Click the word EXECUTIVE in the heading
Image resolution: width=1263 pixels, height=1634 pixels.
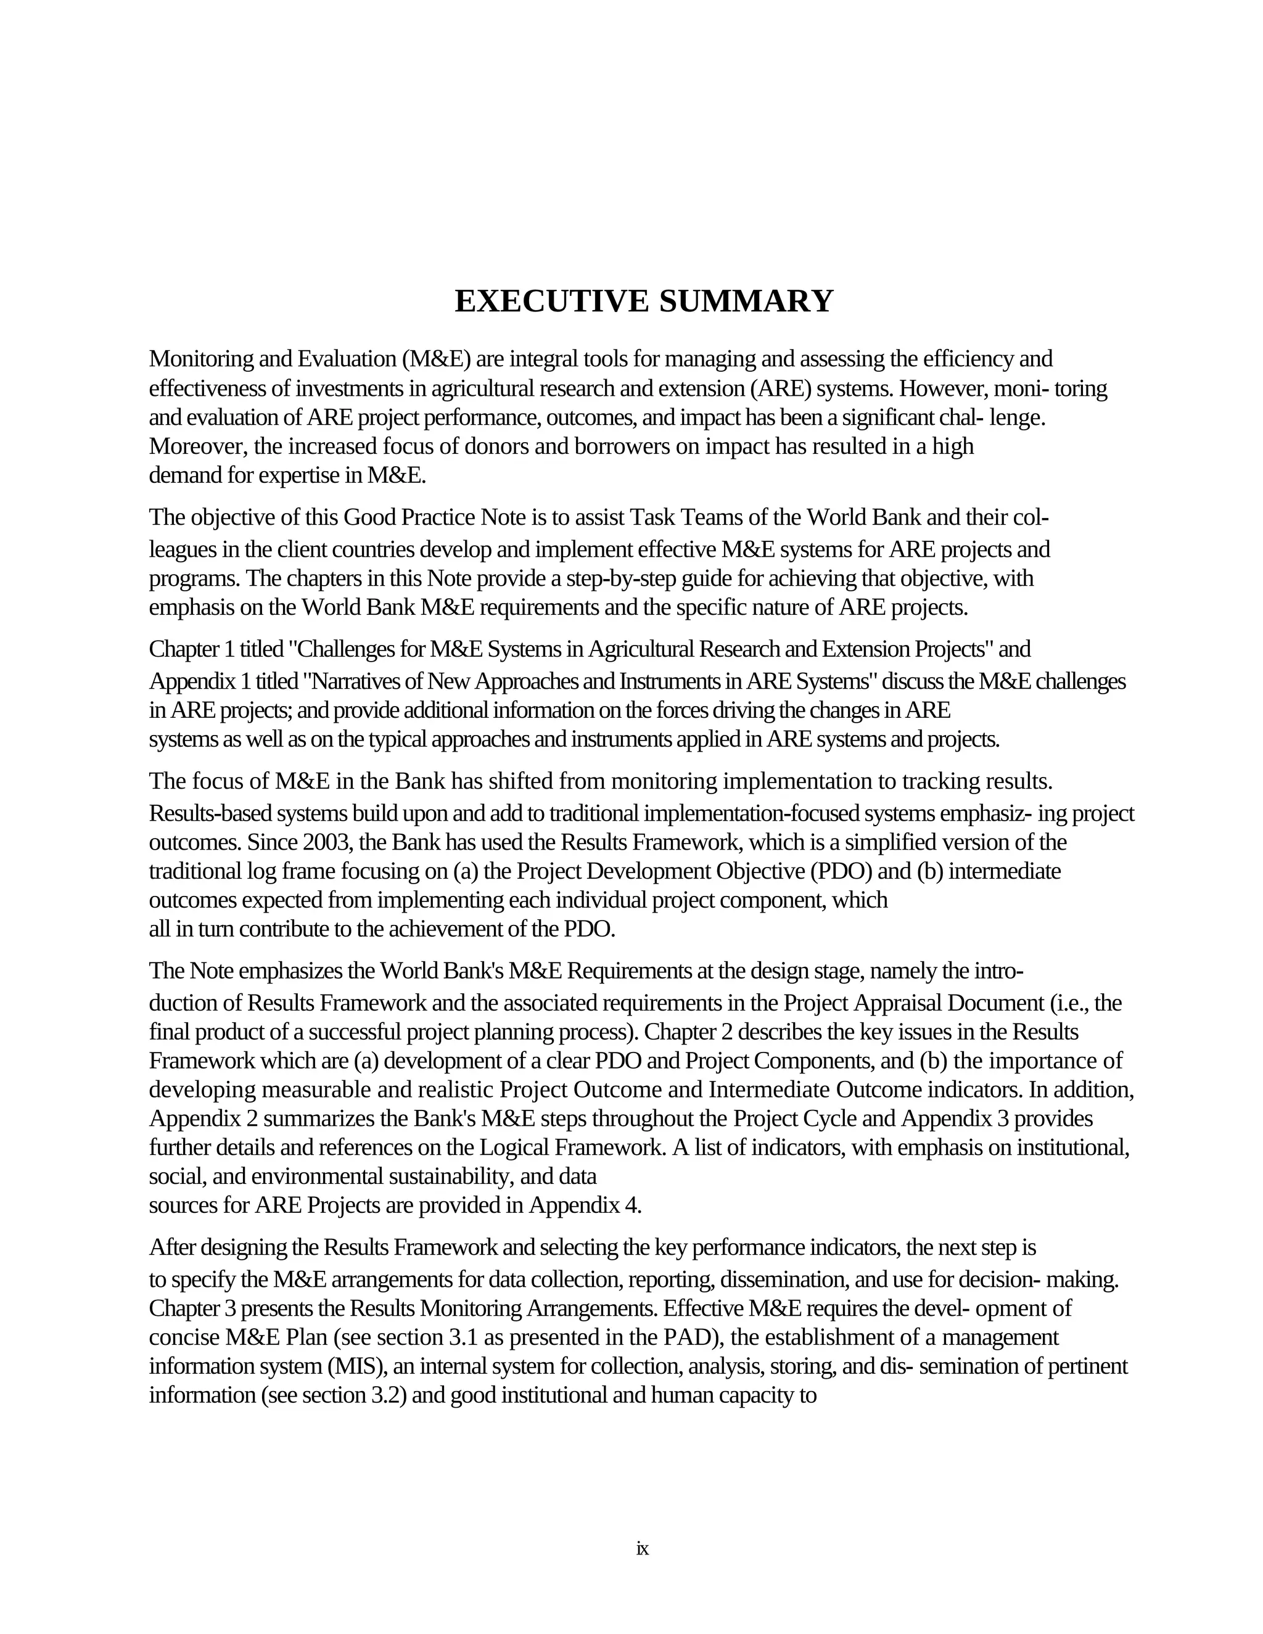click(x=551, y=301)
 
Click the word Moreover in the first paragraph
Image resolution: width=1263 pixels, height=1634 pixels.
click(x=197, y=446)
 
